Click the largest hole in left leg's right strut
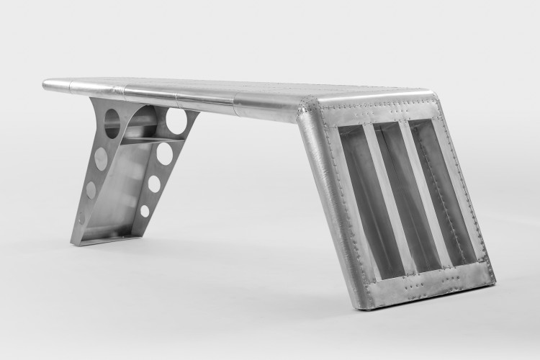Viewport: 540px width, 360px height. [x=177, y=121]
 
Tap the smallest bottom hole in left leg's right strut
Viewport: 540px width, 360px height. [x=145, y=211]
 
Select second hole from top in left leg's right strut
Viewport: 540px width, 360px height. [x=165, y=153]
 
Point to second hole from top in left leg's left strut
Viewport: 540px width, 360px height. [x=102, y=158]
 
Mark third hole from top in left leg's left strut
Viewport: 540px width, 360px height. [x=91, y=190]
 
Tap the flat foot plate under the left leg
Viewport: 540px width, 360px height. [x=108, y=237]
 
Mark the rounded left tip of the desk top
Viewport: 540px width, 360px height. [x=48, y=85]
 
